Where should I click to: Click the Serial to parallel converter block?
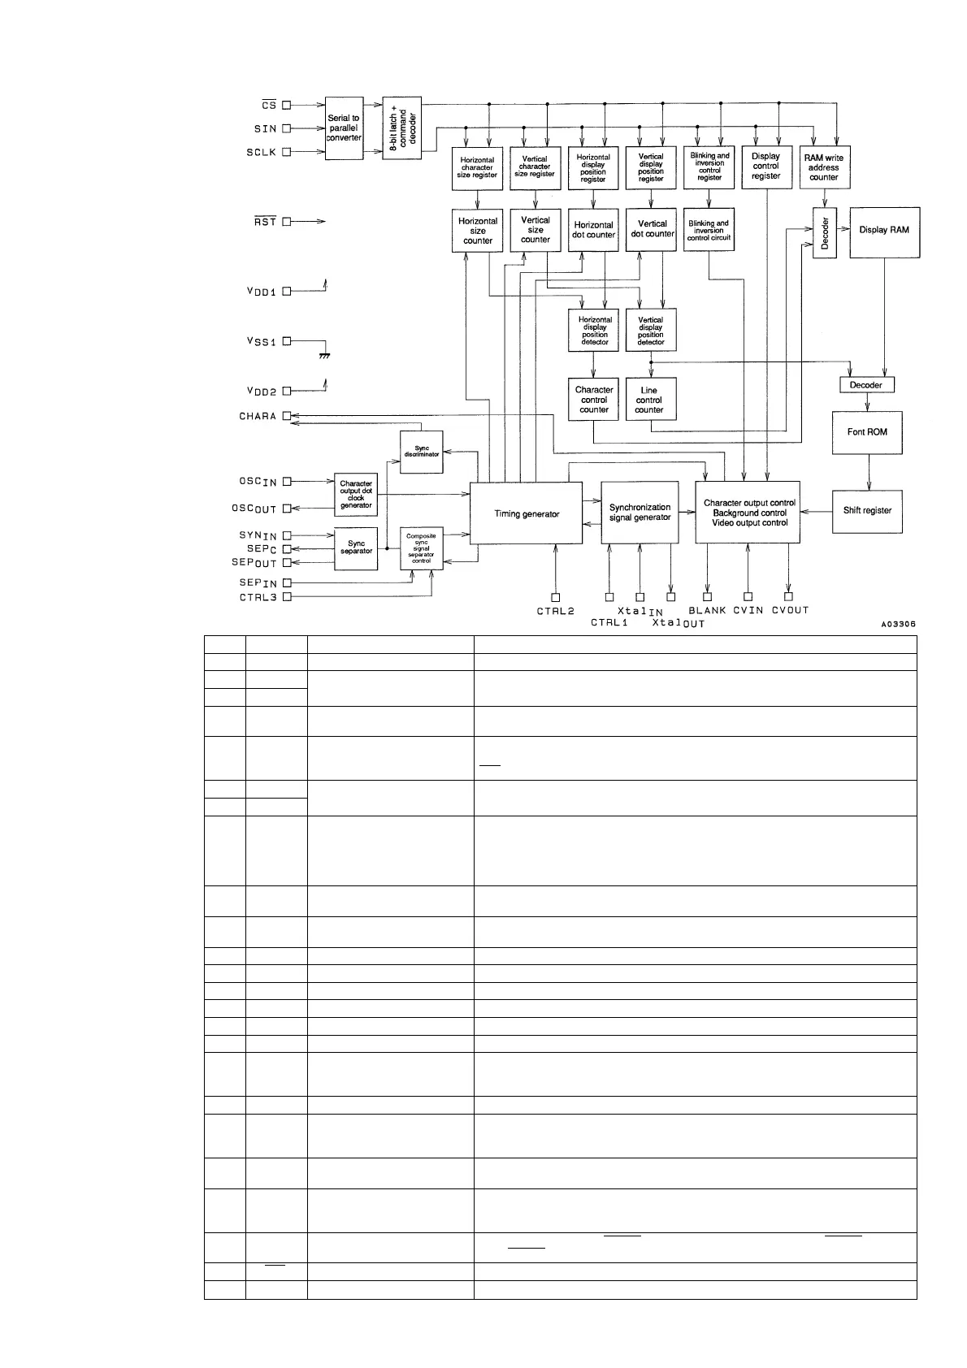coord(344,128)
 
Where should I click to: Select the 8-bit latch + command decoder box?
coord(401,128)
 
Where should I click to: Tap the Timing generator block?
coord(527,513)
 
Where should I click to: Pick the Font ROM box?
coord(867,432)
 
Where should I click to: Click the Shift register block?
coord(867,511)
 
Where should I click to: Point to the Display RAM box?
coord(884,231)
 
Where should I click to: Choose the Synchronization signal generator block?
coord(640,513)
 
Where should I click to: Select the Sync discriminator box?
coord(422,451)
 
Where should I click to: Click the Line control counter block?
coord(649,400)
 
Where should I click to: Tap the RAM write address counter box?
coord(823,167)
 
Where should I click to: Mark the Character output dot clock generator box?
coord(356,495)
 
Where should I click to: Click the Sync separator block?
coord(356,548)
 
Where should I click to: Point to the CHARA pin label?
coord(258,416)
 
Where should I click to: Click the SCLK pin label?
coord(262,152)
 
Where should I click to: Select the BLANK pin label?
coord(707,610)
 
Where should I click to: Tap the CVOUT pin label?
coord(790,610)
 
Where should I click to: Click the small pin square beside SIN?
coord(286,128)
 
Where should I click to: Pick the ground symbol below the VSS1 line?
coord(324,355)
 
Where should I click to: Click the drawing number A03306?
coord(898,625)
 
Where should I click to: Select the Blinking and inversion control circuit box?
coord(709,231)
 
